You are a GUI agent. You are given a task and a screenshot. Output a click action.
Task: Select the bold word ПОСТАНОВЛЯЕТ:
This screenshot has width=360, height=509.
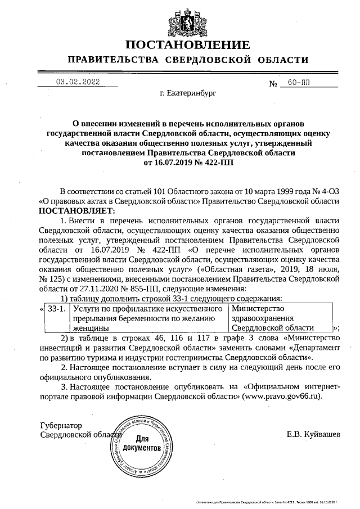(76, 210)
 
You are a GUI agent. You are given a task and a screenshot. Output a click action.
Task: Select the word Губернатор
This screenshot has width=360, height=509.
(61, 426)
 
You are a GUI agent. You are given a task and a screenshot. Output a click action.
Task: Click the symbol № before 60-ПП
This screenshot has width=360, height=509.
(274, 83)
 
